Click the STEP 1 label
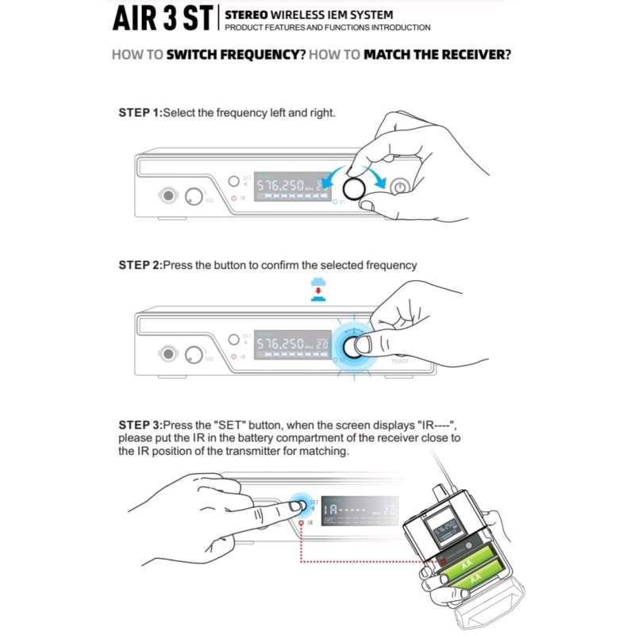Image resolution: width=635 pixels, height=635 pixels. click(139, 113)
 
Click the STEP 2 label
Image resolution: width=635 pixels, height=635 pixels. click(139, 265)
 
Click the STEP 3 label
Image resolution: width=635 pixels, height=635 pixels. click(139, 425)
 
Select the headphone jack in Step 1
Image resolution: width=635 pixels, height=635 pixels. click(168, 195)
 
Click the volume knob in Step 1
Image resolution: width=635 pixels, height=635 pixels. click(194, 195)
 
